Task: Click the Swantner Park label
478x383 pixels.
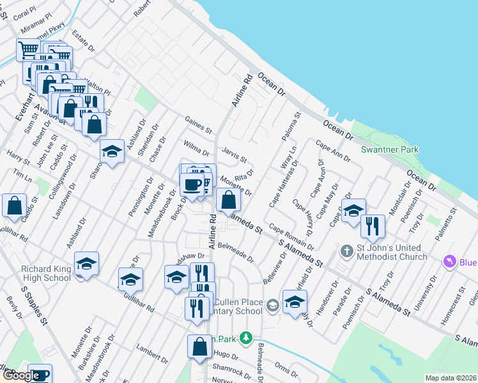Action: [x=389, y=149]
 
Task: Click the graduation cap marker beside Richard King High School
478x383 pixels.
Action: [x=86, y=265]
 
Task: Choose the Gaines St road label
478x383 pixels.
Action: [x=197, y=124]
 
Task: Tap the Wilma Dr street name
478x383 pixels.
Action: [x=196, y=149]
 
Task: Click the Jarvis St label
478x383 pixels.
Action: [x=234, y=154]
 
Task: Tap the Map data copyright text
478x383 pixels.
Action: [x=451, y=378]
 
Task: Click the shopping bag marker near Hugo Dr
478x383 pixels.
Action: [x=199, y=347]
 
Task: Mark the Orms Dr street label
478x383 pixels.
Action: [x=281, y=370]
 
